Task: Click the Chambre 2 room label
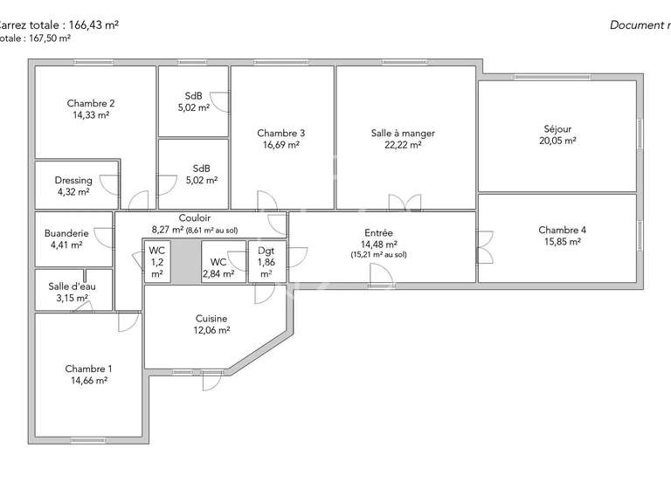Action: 91,103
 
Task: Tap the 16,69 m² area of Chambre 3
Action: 280,145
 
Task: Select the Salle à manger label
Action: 403,134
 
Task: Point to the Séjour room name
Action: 557,128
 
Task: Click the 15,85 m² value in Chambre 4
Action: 562,242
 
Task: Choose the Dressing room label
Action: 73,181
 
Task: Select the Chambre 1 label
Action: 88,369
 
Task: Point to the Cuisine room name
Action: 211,319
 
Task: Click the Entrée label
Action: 378,233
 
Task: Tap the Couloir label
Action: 195,218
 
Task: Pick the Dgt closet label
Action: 266,251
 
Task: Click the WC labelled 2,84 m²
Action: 218,262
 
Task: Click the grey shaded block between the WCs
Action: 184,261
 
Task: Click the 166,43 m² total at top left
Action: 88,25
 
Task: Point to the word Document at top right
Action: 635,25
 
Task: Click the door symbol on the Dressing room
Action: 109,184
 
